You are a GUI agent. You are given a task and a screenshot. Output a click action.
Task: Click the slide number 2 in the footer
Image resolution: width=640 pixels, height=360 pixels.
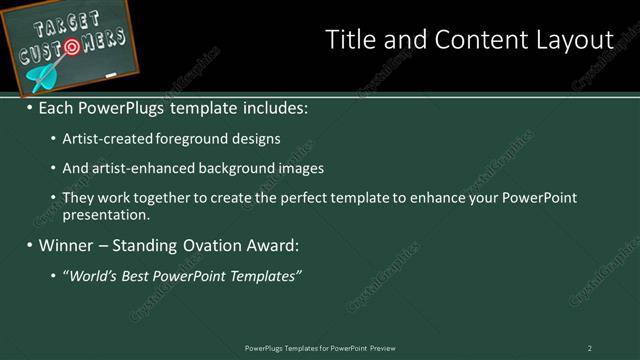pos(589,348)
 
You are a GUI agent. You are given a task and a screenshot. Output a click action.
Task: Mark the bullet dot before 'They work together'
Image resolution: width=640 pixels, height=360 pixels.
pos(53,198)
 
